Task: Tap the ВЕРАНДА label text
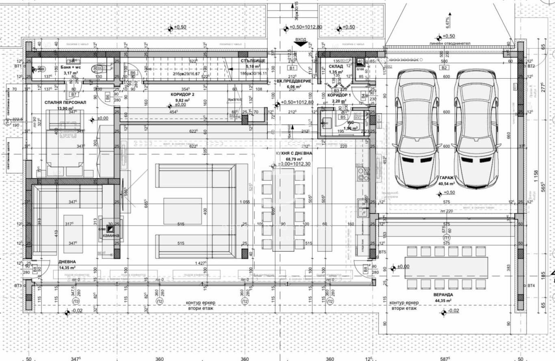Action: click(443, 294)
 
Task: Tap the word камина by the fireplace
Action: click(111, 236)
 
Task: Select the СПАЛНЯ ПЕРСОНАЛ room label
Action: click(65, 102)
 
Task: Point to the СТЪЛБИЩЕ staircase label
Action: click(253, 61)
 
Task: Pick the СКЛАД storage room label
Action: click(336, 66)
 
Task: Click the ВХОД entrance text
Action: click(301, 40)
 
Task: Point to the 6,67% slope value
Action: click(447, 21)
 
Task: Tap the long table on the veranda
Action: click(446, 267)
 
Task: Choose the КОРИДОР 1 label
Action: click(339, 95)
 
